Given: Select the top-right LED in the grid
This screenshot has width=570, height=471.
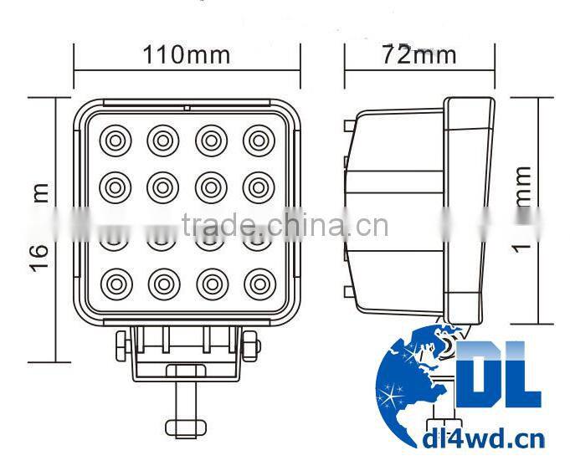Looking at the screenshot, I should (x=259, y=140).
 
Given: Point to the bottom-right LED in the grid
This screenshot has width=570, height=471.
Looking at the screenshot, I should (x=259, y=280).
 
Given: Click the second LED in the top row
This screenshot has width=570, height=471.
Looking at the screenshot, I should (x=163, y=140).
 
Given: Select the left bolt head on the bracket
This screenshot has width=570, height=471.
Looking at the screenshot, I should (x=121, y=344).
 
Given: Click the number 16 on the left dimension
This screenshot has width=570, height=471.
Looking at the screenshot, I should (x=39, y=249).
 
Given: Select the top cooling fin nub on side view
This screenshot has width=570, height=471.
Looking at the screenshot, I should (x=346, y=125).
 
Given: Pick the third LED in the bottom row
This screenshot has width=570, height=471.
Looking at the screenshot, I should (x=211, y=280).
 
